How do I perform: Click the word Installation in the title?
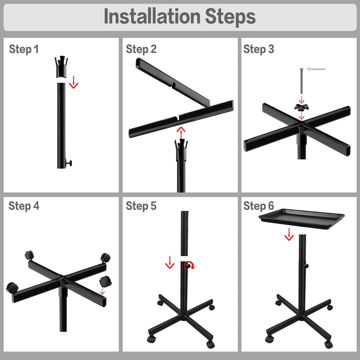(x=152, y=16)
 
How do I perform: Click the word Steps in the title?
(x=230, y=17)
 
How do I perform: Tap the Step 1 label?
(x=24, y=49)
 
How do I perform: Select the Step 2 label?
(x=141, y=49)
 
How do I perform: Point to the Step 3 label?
(x=259, y=49)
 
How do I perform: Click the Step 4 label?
(x=24, y=206)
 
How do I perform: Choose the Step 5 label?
(x=141, y=206)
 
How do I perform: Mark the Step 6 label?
(x=259, y=206)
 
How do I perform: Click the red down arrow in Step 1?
(x=73, y=82)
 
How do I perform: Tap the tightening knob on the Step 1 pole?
(x=68, y=163)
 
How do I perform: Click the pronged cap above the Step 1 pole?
(x=61, y=66)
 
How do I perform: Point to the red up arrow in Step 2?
(x=181, y=132)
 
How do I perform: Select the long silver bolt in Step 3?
(x=301, y=81)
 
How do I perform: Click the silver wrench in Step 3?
(x=316, y=69)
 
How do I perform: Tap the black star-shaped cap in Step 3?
(x=301, y=107)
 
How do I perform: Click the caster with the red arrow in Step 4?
(x=105, y=281)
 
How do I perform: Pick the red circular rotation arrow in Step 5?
(x=189, y=265)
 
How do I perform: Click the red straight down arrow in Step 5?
(x=169, y=262)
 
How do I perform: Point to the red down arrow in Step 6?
(x=289, y=234)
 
